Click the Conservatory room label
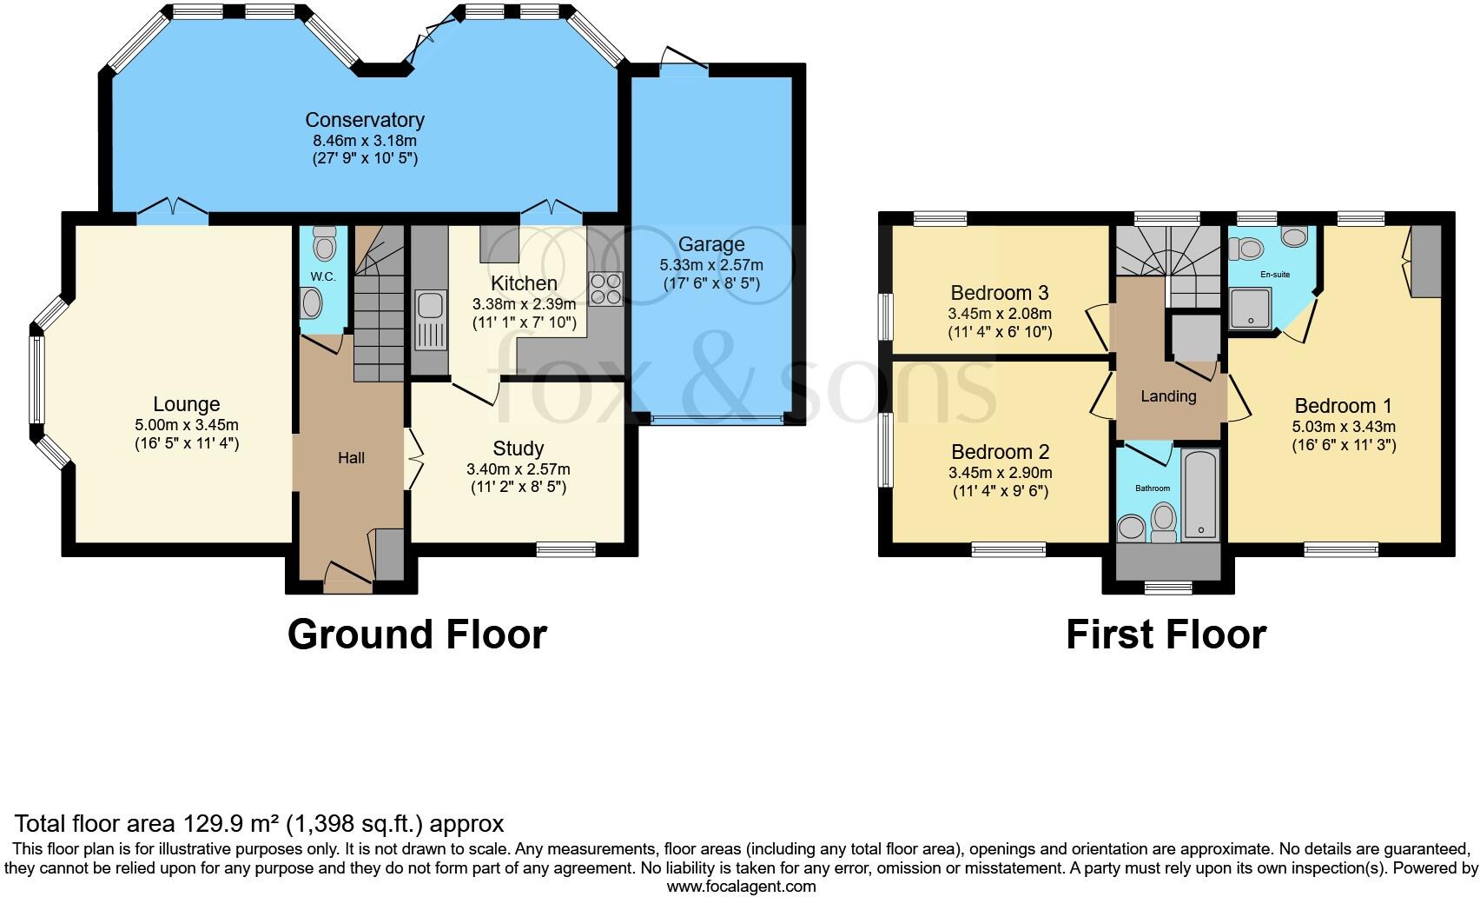pyautogui.click(x=365, y=120)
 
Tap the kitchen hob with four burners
pyautogui.click(x=606, y=289)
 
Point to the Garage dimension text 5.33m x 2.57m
pyautogui.click(x=711, y=265)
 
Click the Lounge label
pyautogui.click(x=186, y=404)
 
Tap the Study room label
pyautogui.click(x=518, y=448)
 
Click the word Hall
pyautogui.click(x=351, y=458)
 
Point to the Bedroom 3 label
pyautogui.click(x=1000, y=293)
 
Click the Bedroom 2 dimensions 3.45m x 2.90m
pyautogui.click(x=1000, y=474)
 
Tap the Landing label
pyautogui.click(x=1168, y=396)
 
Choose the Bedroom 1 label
pyautogui.click(x=1343, y=406)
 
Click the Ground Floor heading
pyautogui.click(x=417, y=635)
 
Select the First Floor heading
pyautogui.click(x=1166, y=635)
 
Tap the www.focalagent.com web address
pyautogui.click(x=741, y=887)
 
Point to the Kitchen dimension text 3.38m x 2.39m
pyautogui.click(x=524, y=304)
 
